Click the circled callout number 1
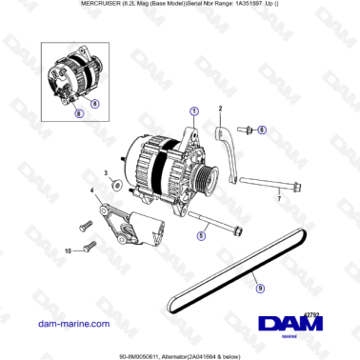pos(194,110)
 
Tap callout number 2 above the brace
pos(220,110)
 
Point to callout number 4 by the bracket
pos(92,193)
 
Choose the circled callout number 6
pos(263,128)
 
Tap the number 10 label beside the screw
pos(68,251)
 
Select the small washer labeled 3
pos(114,184)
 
